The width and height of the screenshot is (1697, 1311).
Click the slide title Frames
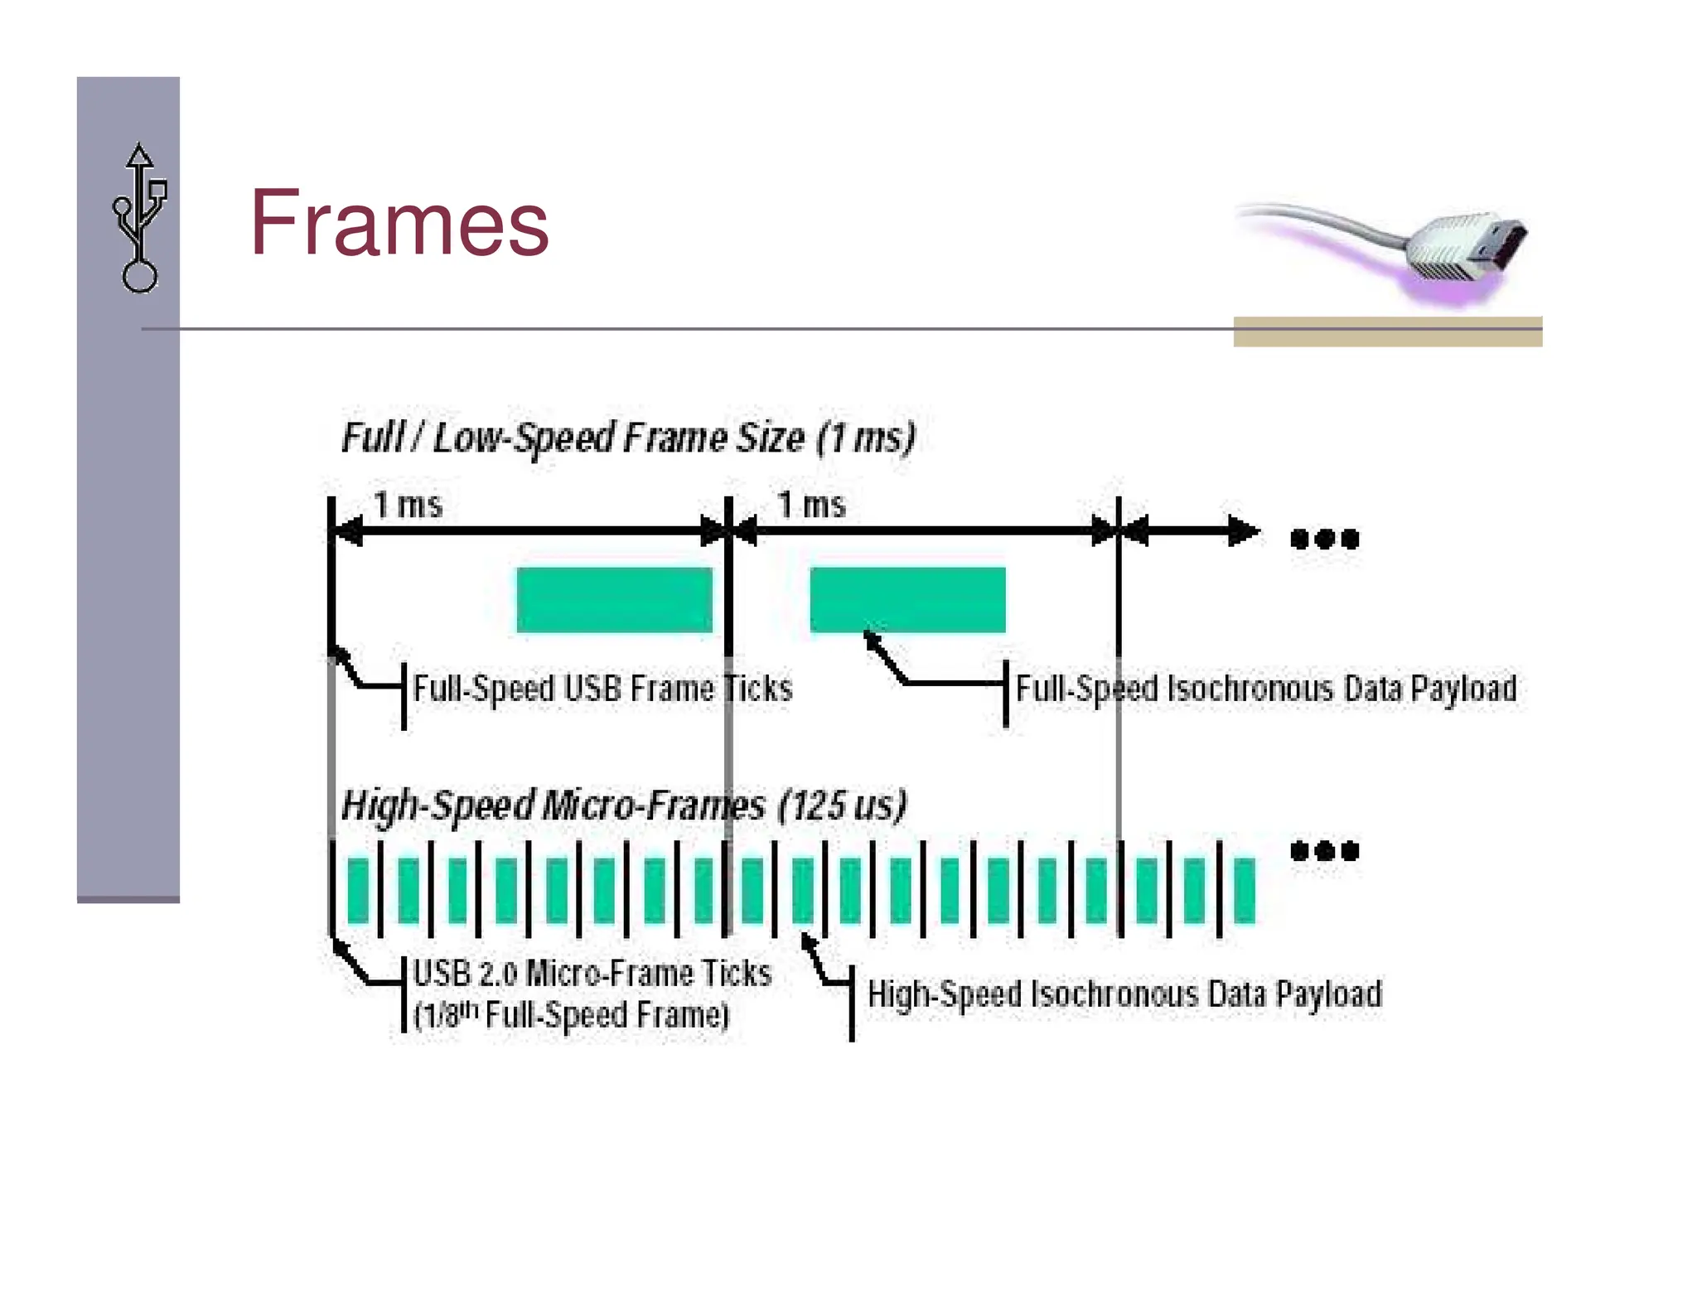(x=399, y=223)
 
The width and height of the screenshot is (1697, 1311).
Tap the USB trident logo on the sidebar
(x=139, y=218)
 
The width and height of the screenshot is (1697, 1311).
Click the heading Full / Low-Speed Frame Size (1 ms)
(x=628, y=438)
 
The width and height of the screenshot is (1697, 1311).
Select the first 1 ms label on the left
(x=408, y=505)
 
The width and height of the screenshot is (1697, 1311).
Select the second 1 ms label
(x=811, y=505)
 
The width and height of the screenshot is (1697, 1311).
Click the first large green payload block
(x=614, y=599)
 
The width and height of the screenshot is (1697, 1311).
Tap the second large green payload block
(x=907, y=599)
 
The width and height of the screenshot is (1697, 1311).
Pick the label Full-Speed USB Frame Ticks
(x=602, y=689)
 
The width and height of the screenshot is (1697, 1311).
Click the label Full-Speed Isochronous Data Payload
(x=1266, y=689)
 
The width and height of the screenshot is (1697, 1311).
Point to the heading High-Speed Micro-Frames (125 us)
(x=624, y=805)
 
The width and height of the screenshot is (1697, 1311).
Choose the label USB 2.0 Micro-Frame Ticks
(x=592, y=973)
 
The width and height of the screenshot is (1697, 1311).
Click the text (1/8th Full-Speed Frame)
(x=572, y=1015)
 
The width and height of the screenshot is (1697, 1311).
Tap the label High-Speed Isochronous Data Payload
(x=1124, y=994)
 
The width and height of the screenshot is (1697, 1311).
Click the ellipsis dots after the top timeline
(x=1324, y=539)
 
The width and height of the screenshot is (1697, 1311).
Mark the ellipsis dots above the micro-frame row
(x=1324, y=851)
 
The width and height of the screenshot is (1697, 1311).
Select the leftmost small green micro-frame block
(x=358, y=891)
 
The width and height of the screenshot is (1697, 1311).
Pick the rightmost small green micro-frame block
(x=1244, y=891)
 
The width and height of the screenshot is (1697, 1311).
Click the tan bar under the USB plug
(x=1387, y=331)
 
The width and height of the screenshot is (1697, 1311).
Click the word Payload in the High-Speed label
(x=1328, y=994)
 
